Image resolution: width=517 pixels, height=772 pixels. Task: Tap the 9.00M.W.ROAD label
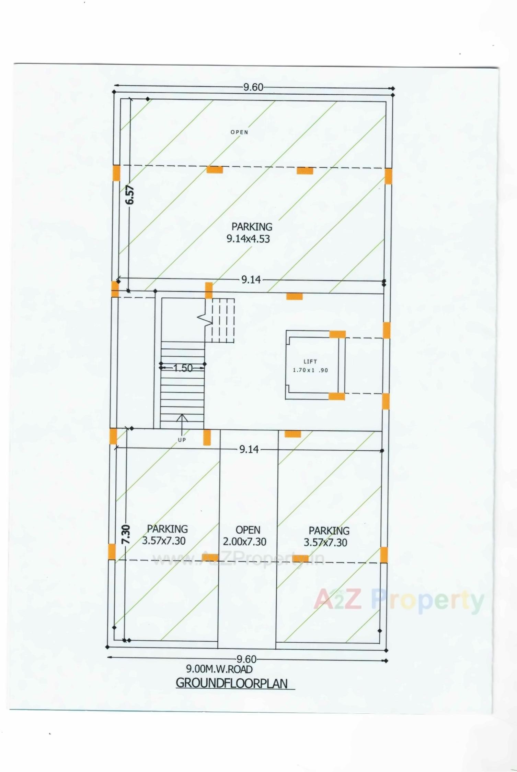pyautogui.click(x=219, y=669)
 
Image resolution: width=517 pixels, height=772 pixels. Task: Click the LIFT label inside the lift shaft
pyautogui.click(x=310, y=361)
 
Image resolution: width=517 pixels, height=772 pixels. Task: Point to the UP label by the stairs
pyautogui.click(x=182, y=440)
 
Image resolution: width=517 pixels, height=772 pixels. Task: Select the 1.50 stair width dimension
pyautogui.click(x=183, y=368)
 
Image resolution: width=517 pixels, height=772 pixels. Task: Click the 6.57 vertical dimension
pyautogui.click(x=130, y=194)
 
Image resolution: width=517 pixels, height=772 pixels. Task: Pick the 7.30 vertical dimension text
pyautogui.click(x=126, y=534)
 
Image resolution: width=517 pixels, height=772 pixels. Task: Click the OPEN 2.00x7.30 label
pyautogui.click(x=245, y=536)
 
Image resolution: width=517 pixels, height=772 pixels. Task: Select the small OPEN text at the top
pyautogui.click(x=239, y=132)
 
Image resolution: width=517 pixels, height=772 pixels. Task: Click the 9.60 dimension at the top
pyautogui.click(x=253, y=87)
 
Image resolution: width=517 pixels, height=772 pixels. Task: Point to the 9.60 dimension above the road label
pyautogui.click(x=246, y=659)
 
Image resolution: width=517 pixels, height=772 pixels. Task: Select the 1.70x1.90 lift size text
pyautogui.click(x=310, y=370)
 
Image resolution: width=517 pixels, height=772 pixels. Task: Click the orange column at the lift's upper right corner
pyautogui.click(x=337, y=334)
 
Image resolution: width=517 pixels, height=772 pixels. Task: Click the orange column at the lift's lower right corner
pyautogui.click(x=337, y=396)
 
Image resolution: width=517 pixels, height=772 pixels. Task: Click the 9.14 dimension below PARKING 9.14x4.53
pyautogui.click(x=251, y=280)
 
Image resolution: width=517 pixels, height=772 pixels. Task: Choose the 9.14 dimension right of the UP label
pyautogui.click(x=249, y=449)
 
